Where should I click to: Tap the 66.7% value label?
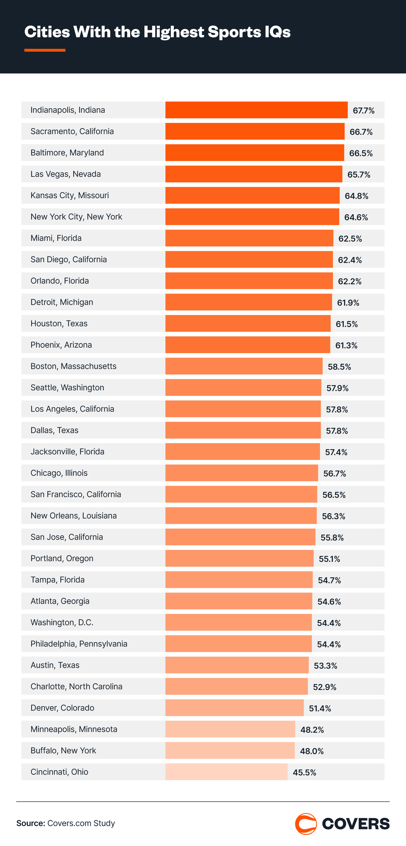(361, 132)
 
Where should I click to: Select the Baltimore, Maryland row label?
(67, 153)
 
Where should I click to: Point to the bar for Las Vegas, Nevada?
(253, 174)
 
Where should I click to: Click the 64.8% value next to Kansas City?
(357, 196)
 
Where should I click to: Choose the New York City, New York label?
(76, 217)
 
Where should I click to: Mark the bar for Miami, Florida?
(249, 238)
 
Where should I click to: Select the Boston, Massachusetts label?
(73, 366)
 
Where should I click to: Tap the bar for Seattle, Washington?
(243, 387)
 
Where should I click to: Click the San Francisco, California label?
(76, 494)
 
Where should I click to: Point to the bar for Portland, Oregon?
(239, 558)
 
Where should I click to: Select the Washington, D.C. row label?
(62, 622)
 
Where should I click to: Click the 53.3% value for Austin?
(325, 666)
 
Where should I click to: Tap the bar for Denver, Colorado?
(234, 708)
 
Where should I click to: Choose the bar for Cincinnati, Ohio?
(226, 772)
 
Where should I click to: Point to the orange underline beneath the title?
(45, 50)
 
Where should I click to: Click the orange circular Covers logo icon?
(306, 824)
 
